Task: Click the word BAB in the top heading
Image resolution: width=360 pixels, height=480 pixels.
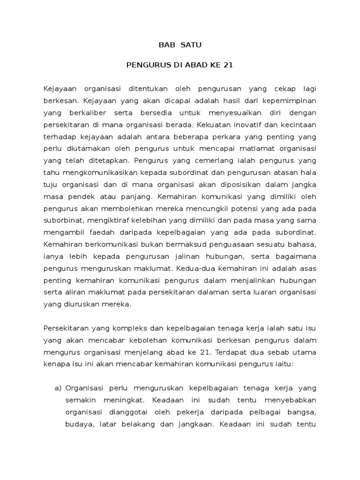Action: click(164, 45)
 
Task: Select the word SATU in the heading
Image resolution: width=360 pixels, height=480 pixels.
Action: click(190, 45)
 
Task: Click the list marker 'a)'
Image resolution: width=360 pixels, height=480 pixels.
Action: click(59, 389)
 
